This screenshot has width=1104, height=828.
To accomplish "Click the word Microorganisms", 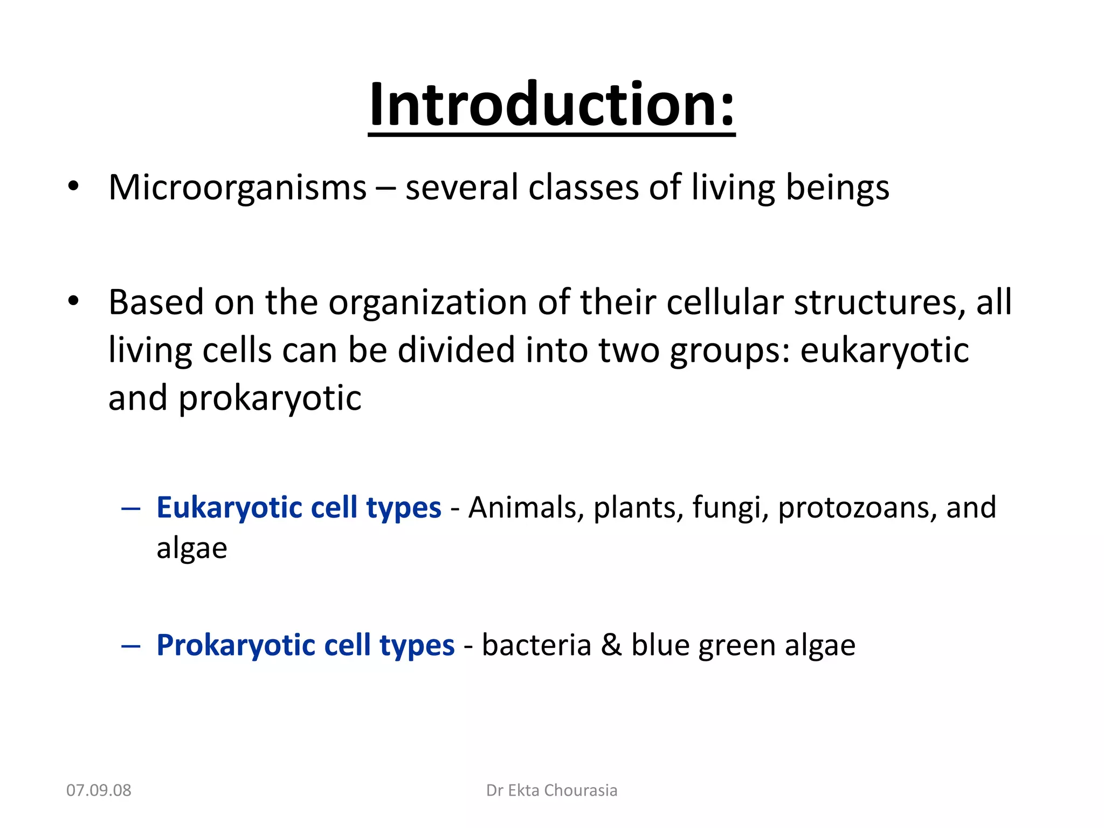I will (237, 188).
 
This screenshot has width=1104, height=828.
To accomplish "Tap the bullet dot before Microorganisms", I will (74, 187).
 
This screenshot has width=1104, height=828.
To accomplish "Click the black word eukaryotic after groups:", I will (884, 351).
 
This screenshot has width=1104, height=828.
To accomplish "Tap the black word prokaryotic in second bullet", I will (270, 399).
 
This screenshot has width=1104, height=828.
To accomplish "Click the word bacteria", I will (536, 645).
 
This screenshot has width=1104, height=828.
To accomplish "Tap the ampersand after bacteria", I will (611, 645).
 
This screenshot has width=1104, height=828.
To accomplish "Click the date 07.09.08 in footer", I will (99, 790).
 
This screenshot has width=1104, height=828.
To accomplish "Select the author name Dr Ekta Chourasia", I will (551, 790).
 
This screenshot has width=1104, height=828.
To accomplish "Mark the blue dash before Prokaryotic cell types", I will (131, 645).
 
